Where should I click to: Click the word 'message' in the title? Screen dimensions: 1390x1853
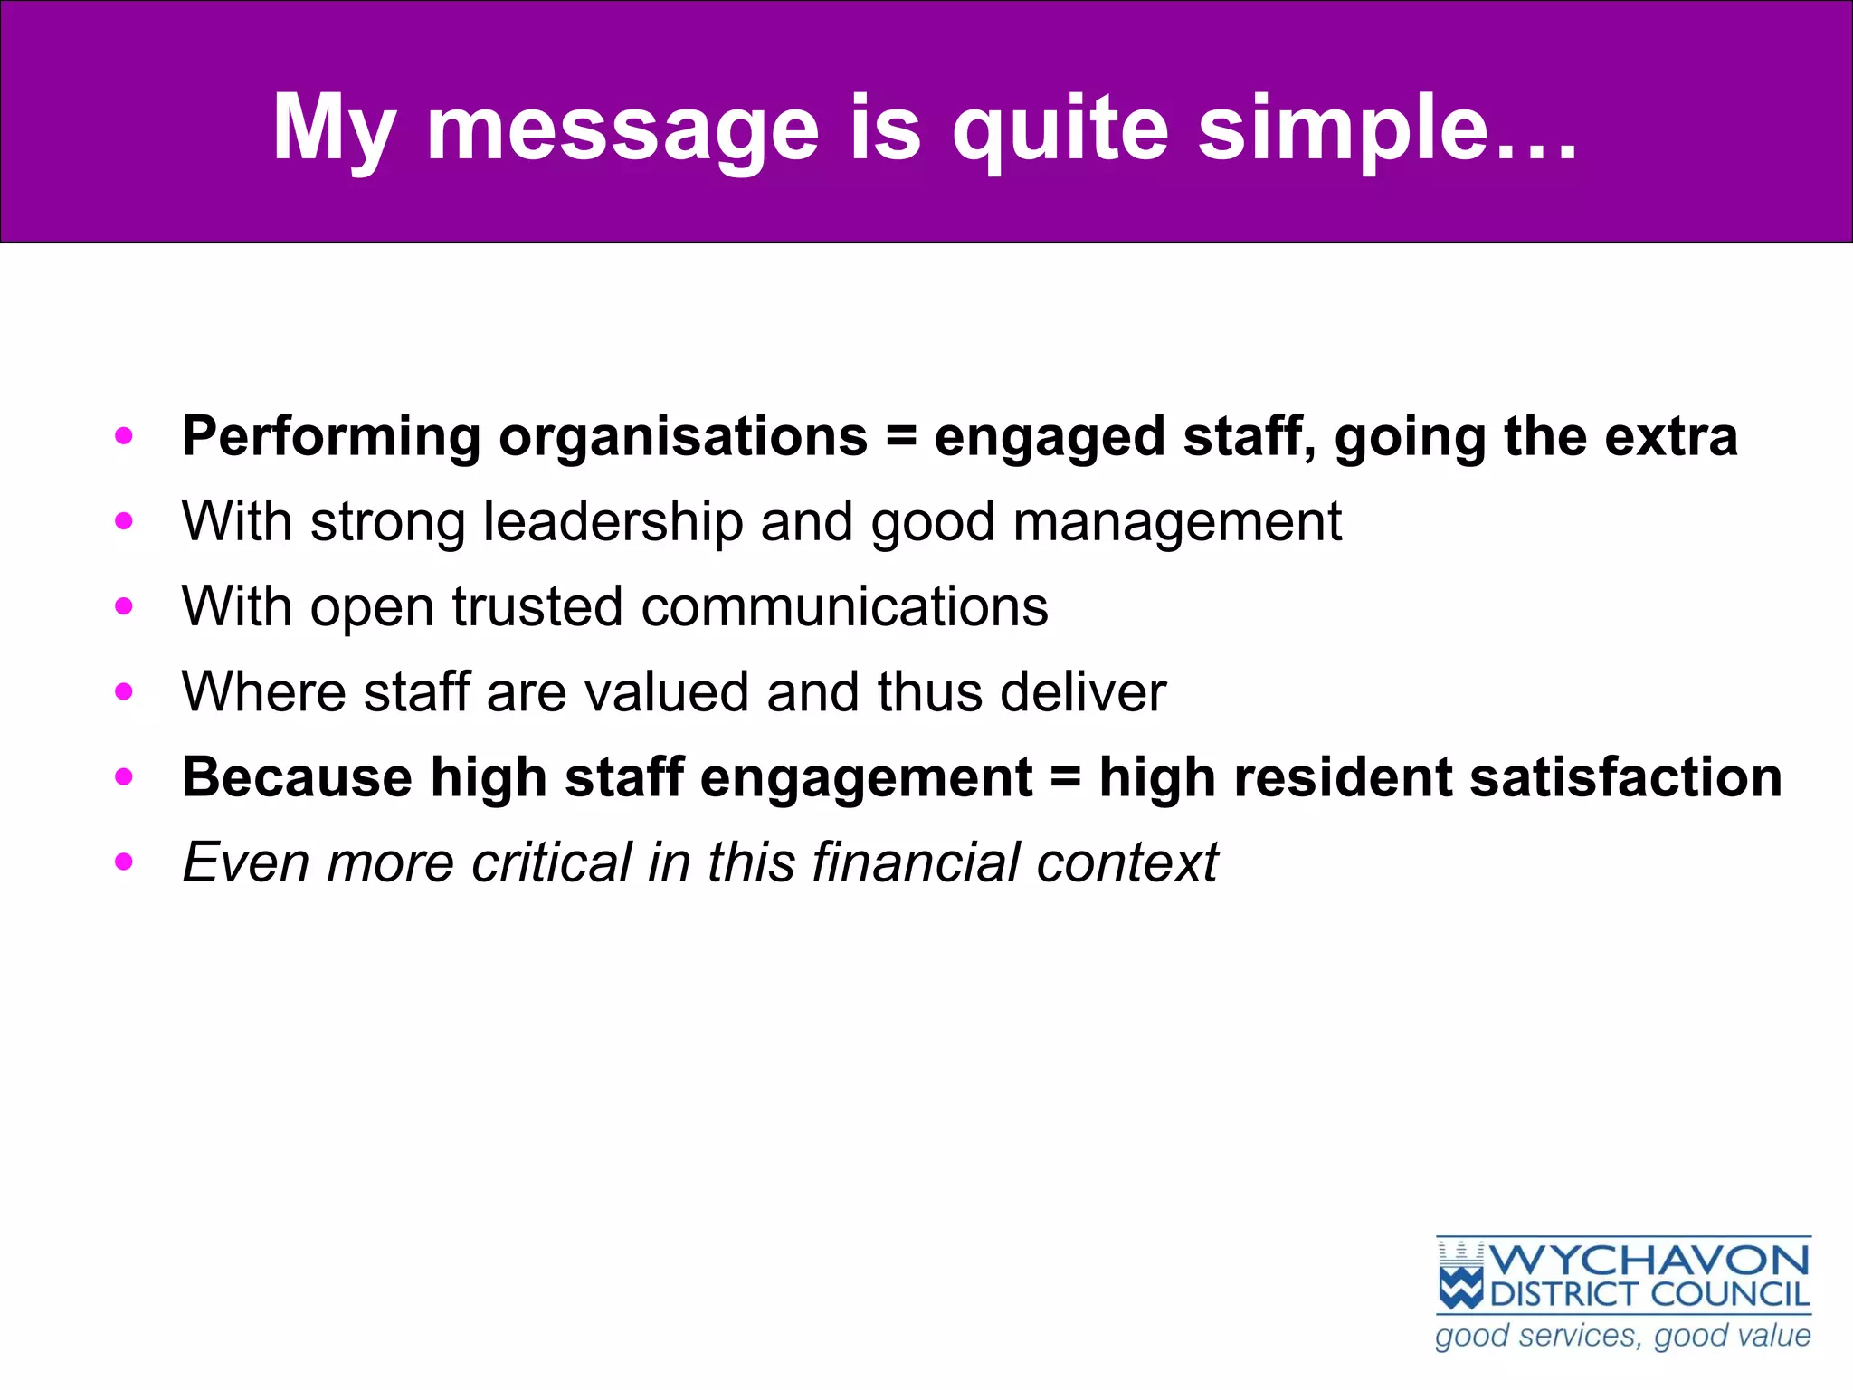[622, 129]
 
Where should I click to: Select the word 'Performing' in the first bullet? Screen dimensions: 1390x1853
[330, 437]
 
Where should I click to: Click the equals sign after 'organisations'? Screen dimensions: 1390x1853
[900, 437]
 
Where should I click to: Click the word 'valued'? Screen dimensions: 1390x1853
[667, 692]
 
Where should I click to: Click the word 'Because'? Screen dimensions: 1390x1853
[297, 777]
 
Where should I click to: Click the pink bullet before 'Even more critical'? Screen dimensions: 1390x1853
[124, 862]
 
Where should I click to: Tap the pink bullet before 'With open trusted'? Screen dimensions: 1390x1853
[124, 606]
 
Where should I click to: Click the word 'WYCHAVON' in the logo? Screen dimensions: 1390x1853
[1649, 1261]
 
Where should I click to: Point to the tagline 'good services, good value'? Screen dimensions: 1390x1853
[1623, 1337]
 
